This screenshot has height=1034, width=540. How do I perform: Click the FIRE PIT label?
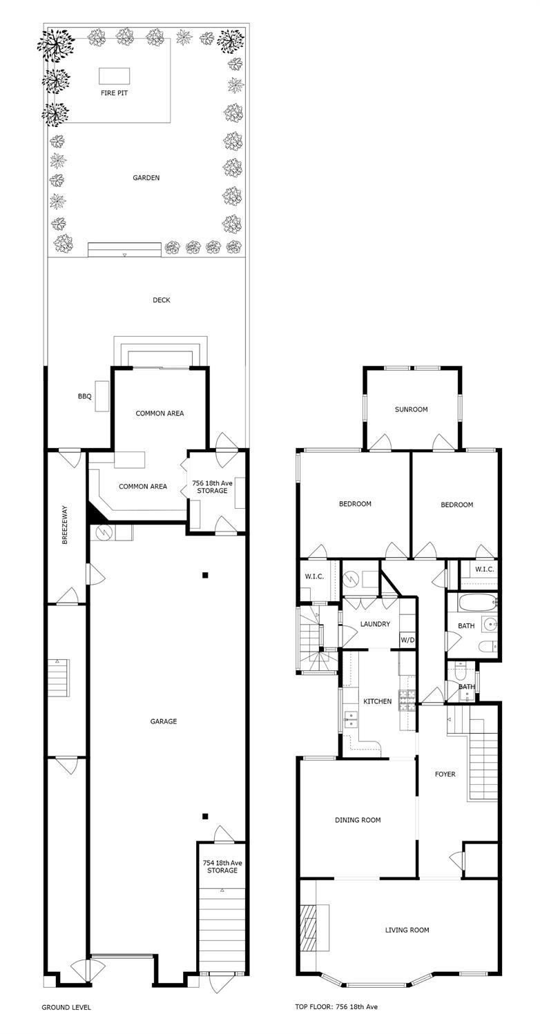click(x=114, y=92)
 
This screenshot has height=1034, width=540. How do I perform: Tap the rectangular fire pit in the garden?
click(x=114, y=76)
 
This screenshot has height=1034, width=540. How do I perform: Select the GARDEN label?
click(x=146, y=177)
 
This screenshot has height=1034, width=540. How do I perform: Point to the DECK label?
click(x=161, y=300)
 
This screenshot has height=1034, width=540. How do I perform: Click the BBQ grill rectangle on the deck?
click(x=102, y=396)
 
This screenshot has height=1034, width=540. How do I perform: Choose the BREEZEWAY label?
click(x=65, y=525)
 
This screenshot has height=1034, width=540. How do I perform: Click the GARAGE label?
click(x=164, y=721)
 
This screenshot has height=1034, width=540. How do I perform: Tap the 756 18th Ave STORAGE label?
click(x=213, y=487)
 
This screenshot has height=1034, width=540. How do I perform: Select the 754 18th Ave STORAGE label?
click(x=222, y=866)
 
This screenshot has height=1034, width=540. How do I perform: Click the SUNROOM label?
click(x=411, y=409)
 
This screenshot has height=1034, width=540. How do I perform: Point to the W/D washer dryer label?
click(x=407, y=641)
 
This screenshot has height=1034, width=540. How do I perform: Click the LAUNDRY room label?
click(x=375, y=624)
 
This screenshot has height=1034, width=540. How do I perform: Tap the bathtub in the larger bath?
click(x=478, y=602)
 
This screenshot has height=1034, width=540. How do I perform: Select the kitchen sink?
click(x=351, y=719)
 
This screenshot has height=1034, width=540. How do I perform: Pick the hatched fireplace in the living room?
click(x=308, y=928)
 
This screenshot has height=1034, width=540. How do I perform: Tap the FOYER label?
click(x=445, y=774)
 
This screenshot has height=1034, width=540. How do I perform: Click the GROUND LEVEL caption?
click(x=66, y=1007)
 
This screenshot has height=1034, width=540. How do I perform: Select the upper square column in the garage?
click(x=205, y=575)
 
